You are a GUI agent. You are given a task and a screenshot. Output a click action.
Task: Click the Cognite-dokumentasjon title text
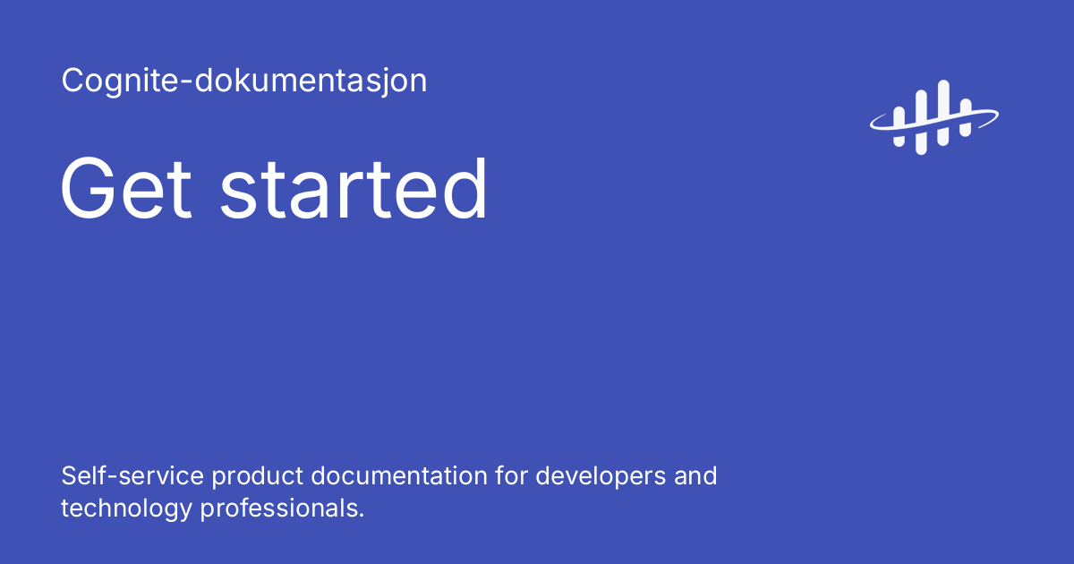pos(243,81)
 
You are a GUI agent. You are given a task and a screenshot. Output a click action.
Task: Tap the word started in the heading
pos(354,189)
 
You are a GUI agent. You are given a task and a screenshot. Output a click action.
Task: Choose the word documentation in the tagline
pos(400,475)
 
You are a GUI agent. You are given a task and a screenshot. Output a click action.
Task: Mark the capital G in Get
pos(89,189)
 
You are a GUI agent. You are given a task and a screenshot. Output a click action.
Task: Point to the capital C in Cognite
pos(73,81)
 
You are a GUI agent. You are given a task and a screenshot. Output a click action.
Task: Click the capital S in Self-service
pos(70,475)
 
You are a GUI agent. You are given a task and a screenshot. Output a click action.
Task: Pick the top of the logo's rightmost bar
pos(965,103)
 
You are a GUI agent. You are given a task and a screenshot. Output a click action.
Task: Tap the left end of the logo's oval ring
pos(872,124)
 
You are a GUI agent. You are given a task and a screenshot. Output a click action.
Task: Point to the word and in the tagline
pos(696,475)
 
